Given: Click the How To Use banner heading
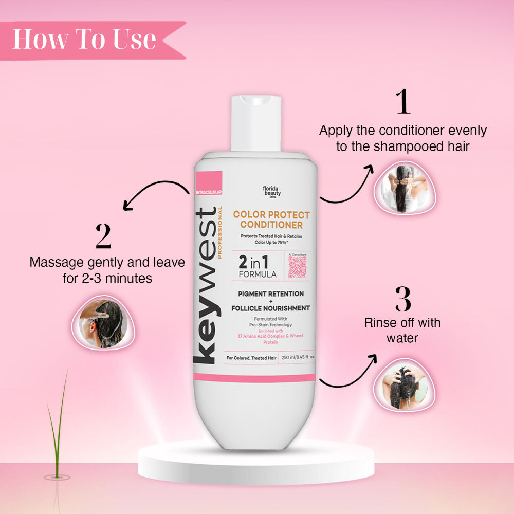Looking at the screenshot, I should [84, 39].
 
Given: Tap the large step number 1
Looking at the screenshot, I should [403, 102].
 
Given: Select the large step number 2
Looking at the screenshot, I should [103, 236].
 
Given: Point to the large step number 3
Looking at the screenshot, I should [403, 298].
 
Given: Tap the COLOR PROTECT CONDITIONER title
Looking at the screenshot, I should [271, 219].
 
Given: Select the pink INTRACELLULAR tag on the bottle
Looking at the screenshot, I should [208, 192].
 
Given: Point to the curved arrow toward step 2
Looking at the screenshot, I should [154, 194].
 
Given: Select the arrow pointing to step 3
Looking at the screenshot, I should [347, 373].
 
